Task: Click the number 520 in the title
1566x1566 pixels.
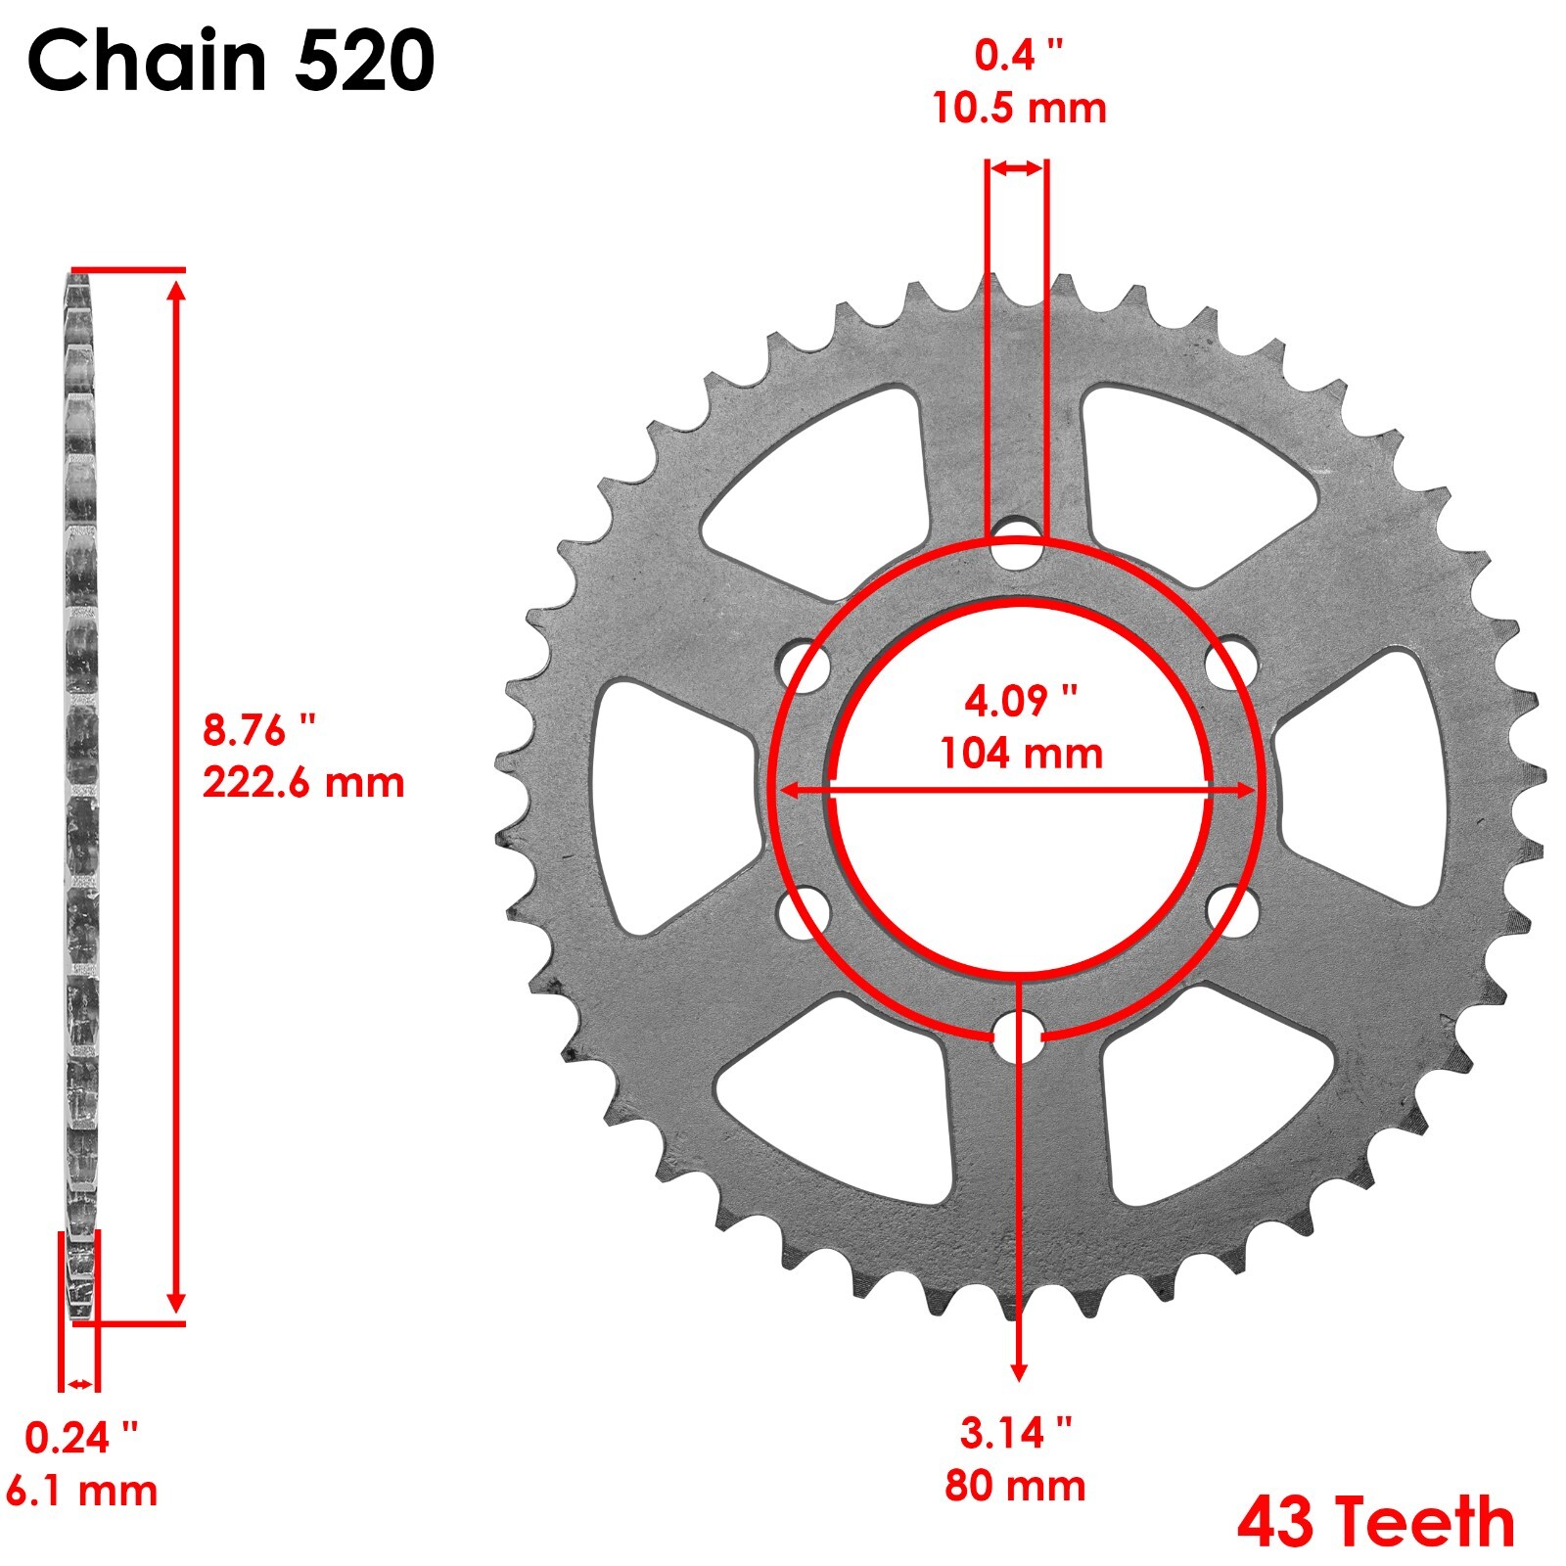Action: tap(364, 61)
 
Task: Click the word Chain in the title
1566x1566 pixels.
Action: tap(147, 61)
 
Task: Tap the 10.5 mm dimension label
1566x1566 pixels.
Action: tap(1019, 108)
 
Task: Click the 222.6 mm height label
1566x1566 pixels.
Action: tap(303, 783)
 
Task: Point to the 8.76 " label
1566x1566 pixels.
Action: tap(259, 730)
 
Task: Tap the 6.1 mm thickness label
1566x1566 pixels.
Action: tap(82, 1491)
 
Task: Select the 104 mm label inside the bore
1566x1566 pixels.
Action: tap(1021, 754)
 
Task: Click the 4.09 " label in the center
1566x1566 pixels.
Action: tap(1021, 701)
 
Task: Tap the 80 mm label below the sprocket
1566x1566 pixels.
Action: tap(1015, 1486)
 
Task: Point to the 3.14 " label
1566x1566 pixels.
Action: tap(1015, 1433)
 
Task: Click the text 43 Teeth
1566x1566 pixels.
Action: tap(1375, 1522)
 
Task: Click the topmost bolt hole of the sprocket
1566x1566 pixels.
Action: tap(1017, 545)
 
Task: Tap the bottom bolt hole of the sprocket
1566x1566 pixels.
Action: tap(1017, 1036)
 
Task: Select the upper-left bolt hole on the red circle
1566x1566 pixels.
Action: tap(805, 667)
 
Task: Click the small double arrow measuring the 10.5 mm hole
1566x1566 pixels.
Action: tap(1017, 169)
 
